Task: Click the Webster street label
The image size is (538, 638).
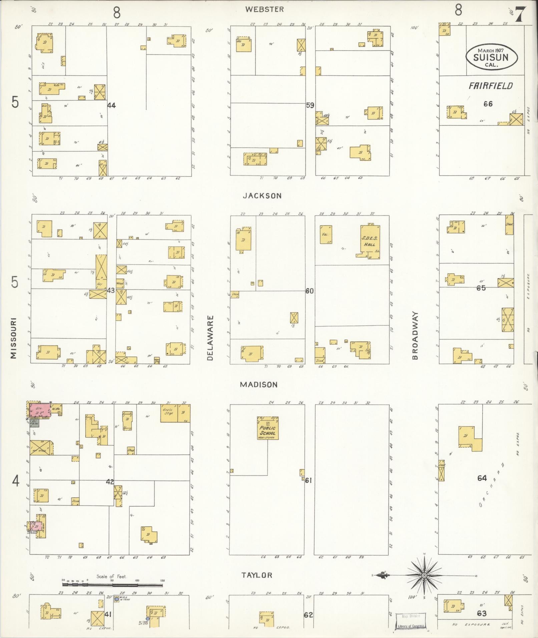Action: coord(264,9)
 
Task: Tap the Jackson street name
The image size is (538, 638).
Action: coord(262,196)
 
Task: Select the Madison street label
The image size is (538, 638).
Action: coord(259,385)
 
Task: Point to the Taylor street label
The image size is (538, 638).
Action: coord(257,575)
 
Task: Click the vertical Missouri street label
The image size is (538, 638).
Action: coord(13,338)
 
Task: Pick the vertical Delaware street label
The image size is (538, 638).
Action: coord(210,338)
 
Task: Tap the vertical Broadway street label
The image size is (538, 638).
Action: coord(415,336)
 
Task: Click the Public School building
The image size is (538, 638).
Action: coord(267,428)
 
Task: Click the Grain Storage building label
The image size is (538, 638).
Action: coord(168,413)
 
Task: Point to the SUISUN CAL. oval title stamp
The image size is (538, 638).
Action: coord(492,57)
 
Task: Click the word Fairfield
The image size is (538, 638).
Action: coord(490,86)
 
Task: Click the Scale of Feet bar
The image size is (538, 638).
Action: coord(113,585)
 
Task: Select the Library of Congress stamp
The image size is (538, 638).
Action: coord(411,621)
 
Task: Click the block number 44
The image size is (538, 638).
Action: coord(111,105)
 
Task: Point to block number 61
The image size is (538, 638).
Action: coord(308,481)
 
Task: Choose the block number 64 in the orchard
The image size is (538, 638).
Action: coord(482,478)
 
